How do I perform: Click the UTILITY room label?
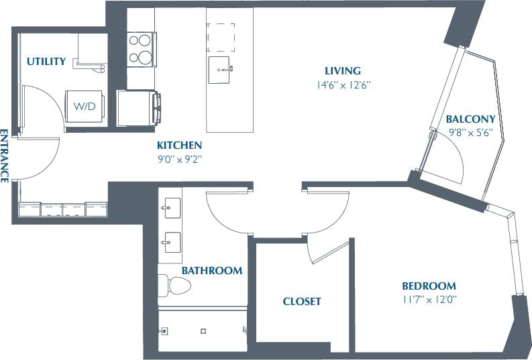pos(46,62)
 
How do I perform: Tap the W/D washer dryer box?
pos(85,107)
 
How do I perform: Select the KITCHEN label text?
pos(179,145)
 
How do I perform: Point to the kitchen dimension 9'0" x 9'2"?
pos(179,159)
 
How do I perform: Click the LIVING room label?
pos(343,70)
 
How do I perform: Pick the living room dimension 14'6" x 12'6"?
pos(343,85)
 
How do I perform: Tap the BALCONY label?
pos(470,119)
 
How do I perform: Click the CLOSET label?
pos(301,301)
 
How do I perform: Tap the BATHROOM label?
pos(212,271)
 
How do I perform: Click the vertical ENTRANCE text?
pos(5,155)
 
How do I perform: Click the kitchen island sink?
pos(220,69)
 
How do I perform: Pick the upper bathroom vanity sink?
pos(171,208)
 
